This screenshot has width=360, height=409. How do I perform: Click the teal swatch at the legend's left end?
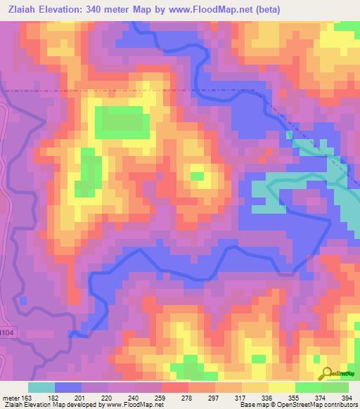(x=41, y=387)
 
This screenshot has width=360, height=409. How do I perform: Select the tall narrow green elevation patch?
(x=89, y=173)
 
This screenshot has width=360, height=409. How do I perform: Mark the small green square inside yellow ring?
(x=198, y=176)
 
